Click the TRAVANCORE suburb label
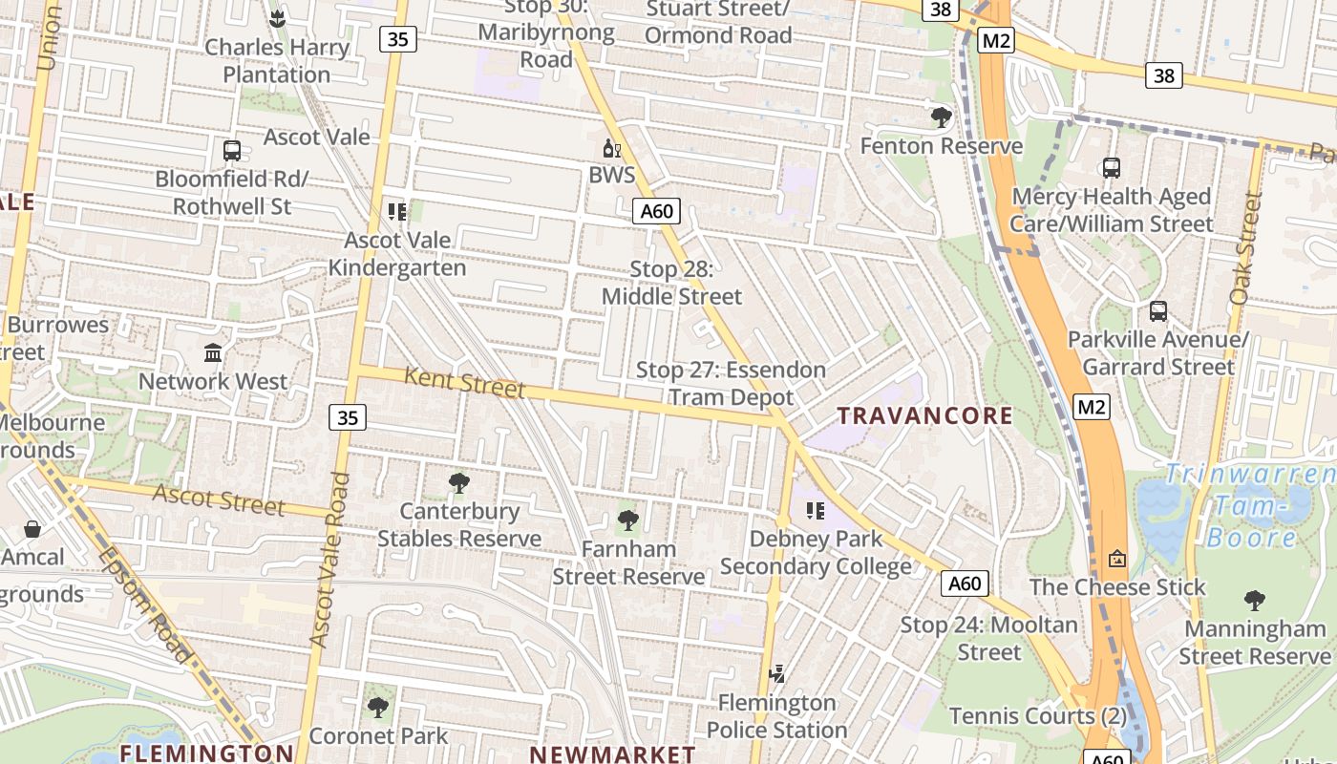pyautogui.click(x=924, y=415)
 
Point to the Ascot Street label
pyautogui.click(x=219, y=499)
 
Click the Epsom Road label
pyautogui.click(x=143, y=604)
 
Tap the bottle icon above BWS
pyautogui.click(x=612, y=148)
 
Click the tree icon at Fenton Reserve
pyautogui.click(x=941, y=117)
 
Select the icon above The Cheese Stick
pyautogui.click(x=1116, y=558)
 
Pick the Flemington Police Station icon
pyautogui.click(x=776, y=674)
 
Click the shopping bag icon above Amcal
pyautogui.click(x=32, y=528)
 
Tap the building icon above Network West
pyautogui.click(x=213, y=353)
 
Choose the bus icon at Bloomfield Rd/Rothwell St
pyautogui.click(x=231, y=150)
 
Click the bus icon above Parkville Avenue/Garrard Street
pyautogui.click(x=1157, y=311)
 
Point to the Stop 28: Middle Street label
pyautogui.click(x=671, y=283)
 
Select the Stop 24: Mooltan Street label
pyautogui.click(x=989, y=639)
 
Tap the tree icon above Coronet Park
pyautogui.click(x=378, y=708)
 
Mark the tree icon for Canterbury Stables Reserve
pyautogui.click(x=459, y=483)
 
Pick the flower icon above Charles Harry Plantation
pyautogui.click(x=277, y=18)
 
